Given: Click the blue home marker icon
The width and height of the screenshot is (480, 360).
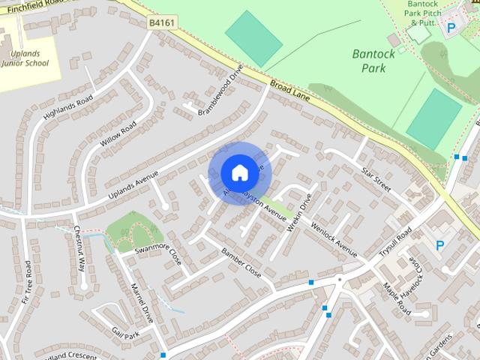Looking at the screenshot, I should pyautogui.click(x=239, y=172).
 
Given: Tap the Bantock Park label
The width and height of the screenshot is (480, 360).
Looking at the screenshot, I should pyautogui.click(x=368, y=61).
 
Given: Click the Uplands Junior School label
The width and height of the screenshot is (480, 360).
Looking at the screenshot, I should pyautogui.click(x=29, y=58).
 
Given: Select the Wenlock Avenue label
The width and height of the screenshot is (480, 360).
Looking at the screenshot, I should pyautogui.click(x=334, y=238).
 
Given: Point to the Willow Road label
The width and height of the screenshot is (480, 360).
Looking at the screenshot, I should pyautogui.click(x=118, y=133).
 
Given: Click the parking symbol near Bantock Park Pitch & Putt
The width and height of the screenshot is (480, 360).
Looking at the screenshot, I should pyautogui.click(x=451, y=28).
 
